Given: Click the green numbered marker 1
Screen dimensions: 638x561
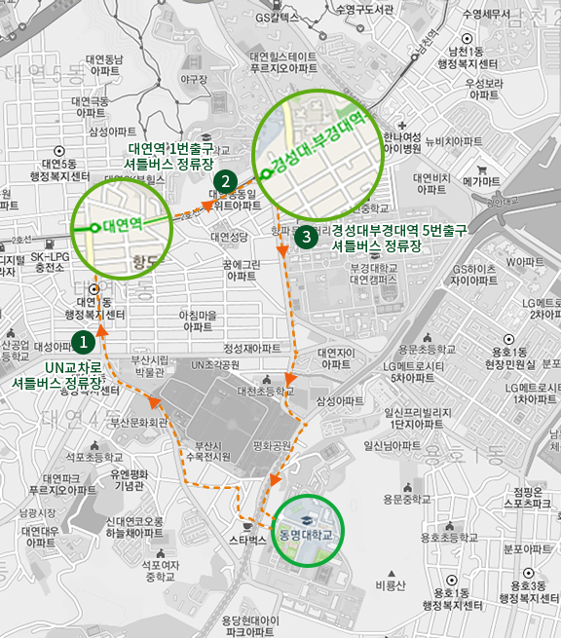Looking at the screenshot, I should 84,341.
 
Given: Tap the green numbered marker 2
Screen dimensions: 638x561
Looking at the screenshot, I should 225,180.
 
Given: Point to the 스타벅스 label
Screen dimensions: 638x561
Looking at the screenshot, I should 247,539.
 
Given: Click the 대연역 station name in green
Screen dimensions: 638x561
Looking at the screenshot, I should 122,224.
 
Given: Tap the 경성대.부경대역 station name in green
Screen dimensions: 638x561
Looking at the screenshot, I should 322,139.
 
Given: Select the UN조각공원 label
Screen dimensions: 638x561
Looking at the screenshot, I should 215,364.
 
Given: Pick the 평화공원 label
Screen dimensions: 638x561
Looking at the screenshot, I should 273,445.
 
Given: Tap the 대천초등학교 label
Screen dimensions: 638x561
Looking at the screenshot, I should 264,391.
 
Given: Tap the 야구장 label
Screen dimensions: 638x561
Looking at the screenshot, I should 194,79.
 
